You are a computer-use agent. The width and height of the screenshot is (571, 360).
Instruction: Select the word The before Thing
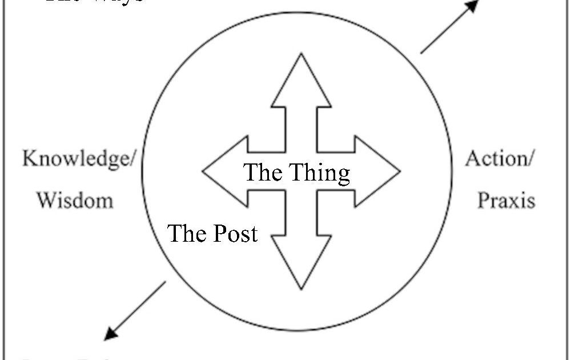click(264, 172)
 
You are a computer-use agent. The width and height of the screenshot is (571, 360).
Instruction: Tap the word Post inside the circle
click(235, 234)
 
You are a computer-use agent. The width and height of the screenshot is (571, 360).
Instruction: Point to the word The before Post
click(186, 233)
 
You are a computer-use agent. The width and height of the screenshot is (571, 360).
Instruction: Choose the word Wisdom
click(75, 200)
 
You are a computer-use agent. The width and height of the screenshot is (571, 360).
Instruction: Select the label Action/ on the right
click(499, 158)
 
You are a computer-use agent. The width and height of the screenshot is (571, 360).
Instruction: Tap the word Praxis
click(506, 200)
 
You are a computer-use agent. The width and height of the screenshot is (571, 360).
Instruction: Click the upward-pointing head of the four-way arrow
click(301, 80)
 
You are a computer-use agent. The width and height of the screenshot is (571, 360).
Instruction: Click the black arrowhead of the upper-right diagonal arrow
click(472, 7)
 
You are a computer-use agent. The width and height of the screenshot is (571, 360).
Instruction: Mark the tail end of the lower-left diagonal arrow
click(166, 282)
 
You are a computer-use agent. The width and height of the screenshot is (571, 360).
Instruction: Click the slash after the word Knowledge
click(132, 159)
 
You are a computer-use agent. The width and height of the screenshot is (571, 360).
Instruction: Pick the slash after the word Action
click(529, 158)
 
